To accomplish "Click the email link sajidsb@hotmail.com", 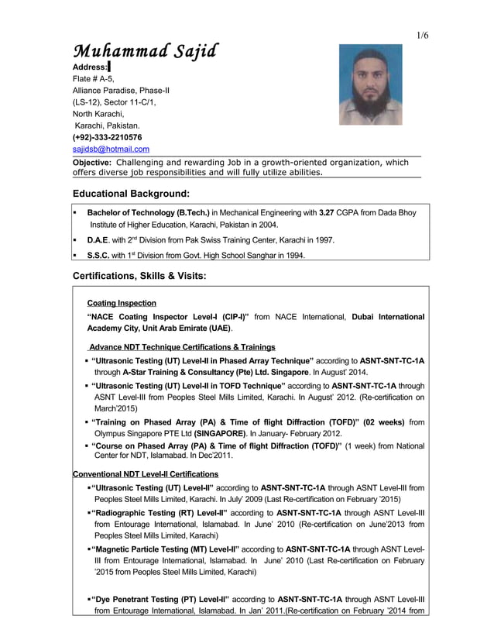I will click(111, 149).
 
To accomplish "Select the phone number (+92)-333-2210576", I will click(107, 137).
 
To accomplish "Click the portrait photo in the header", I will click(370, 84).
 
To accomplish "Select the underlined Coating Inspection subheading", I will click(122, 303).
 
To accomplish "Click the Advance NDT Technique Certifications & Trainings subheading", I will click(182, 346).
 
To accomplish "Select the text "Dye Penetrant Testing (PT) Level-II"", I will click(160, 599).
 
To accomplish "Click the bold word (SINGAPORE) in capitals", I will click(219, 433).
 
